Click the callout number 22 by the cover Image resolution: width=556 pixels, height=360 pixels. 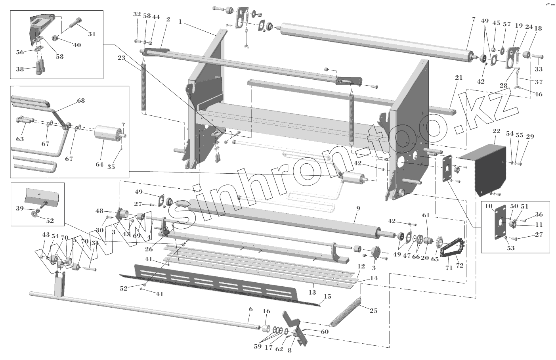[497, 131]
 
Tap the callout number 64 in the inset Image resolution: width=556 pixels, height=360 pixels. [99, 164]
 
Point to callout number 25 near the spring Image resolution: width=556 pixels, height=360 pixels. [373, 310]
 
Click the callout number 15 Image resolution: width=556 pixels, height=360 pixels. [327, 297]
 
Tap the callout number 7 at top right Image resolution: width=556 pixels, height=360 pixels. [473, 19]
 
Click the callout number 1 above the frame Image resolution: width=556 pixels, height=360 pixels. [180, 22]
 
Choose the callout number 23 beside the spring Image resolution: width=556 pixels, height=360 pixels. [121, 57]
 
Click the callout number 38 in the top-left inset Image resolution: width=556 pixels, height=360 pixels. [19, 69]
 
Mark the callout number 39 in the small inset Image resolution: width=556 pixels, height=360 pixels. [19, 209]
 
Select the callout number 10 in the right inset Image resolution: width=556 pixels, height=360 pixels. [488, 206]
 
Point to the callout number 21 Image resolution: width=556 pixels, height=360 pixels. [459, 78]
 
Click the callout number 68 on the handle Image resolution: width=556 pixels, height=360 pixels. [81, 101]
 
